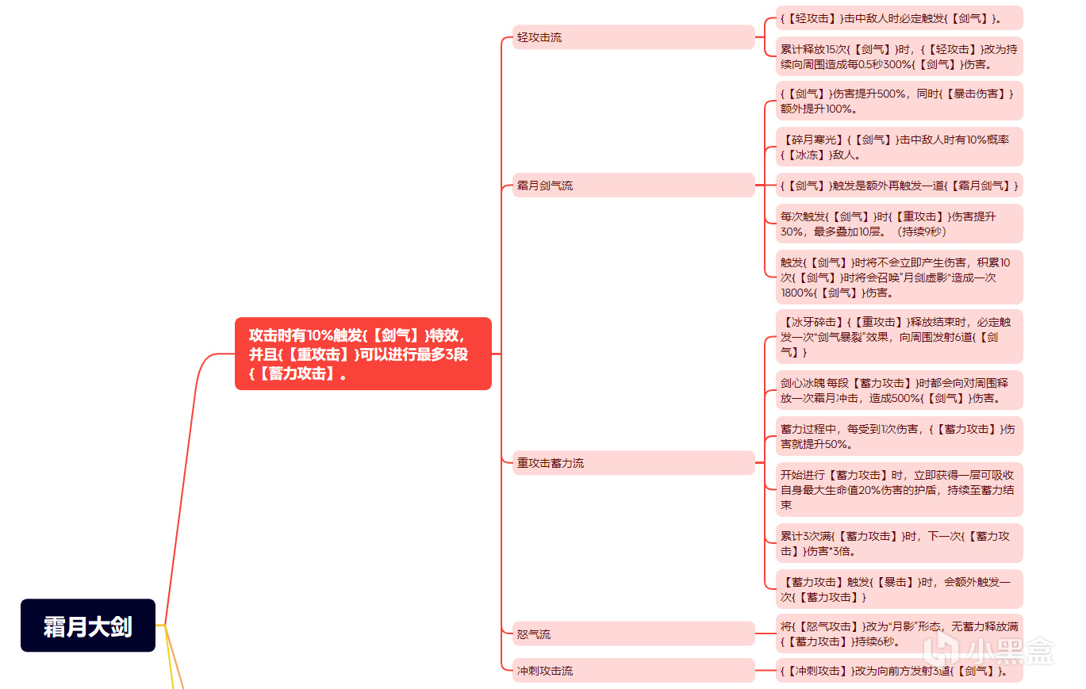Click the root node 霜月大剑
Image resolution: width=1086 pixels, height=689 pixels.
tap(88, 625)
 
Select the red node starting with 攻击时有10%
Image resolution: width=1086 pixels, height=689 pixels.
tap(363, 354)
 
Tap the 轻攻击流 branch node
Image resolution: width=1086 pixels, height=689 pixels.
tap(634, 37)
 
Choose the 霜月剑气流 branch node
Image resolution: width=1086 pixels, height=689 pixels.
tap(634, 185)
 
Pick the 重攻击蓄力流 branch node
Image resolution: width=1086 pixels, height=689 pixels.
tap(634, 463)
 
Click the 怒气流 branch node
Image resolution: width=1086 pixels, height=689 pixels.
tap(634, 633)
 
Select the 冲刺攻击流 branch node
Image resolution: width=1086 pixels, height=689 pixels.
tap(634, 671)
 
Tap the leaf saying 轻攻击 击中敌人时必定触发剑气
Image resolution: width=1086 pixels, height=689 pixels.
tap(900, 18)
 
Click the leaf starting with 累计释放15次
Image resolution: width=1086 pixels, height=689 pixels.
tap(900, 57)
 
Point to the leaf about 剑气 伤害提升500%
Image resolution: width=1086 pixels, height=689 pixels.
tap(900, 101)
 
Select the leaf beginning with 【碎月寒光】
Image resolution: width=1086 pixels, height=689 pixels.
tap(900, 147)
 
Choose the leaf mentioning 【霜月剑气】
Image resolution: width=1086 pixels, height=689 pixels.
tap(900, 185)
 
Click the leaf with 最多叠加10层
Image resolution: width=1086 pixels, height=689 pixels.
tap(900, 224)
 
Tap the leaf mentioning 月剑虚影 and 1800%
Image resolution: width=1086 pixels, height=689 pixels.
tap(900, 278)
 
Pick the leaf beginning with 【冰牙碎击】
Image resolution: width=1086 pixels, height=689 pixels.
tap(900, 337)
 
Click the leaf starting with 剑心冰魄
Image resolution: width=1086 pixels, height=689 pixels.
tap(900, 390)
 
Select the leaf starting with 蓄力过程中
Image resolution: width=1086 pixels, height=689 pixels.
tap(900, 436)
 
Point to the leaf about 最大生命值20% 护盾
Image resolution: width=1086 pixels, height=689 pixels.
tap(900, 489)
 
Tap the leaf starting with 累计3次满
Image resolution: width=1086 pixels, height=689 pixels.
tap(900, 543)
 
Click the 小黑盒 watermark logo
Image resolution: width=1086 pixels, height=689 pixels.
tap(989, 649)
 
